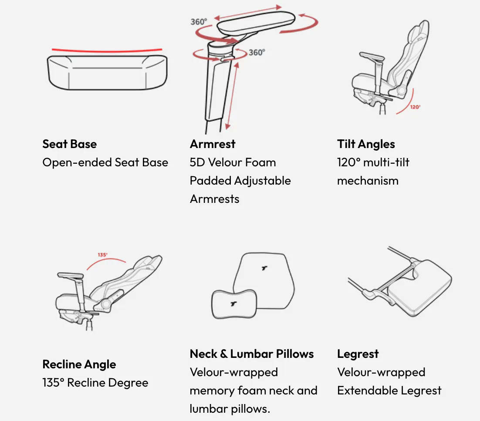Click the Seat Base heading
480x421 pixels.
pyautogui.click(x=70, y=144)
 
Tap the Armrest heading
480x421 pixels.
pyautogui.click(x=213, y=144)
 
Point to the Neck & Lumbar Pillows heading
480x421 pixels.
pyautogui.click(x=252, y=354)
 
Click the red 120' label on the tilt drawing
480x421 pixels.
pyautogui.click(x=416, y=107)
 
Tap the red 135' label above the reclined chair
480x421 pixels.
pyautogui.click(x=102, y=255)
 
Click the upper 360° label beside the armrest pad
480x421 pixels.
pyautogui.click(x=199, y=22)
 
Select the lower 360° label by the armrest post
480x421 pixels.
pyautogui.click(x=257, y=52)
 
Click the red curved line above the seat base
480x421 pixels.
pyautogui.click(x=107, y=51)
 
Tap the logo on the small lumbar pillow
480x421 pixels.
pyautogui.click(x=234, y=304)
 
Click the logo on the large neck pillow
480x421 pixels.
pyautogui.click(x=264, y=268)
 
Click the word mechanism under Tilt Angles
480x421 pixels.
pyautogui.click(x=368, y=181)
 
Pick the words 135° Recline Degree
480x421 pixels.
pyautogui.click(x=95, y=383)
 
